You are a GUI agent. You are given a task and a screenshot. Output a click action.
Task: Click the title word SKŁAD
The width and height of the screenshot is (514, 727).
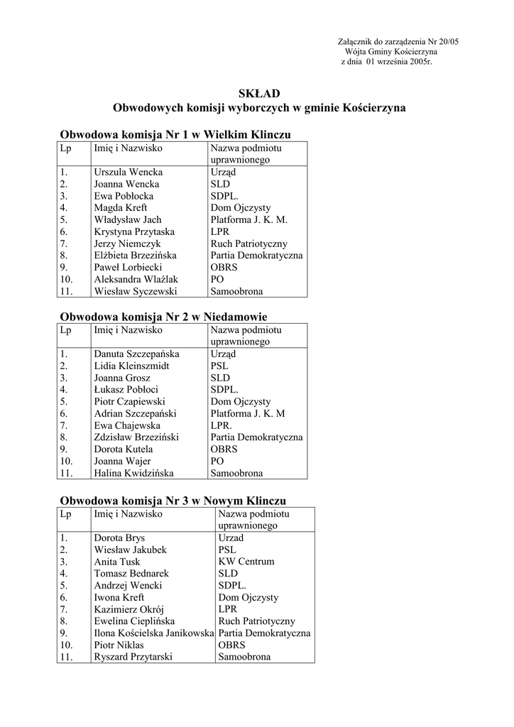(x=259, y=94)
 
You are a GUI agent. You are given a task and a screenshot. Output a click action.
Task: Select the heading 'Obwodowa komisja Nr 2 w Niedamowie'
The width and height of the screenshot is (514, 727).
(x=163, y=317)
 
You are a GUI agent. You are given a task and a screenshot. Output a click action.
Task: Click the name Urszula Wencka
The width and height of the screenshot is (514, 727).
(x=128, y=173)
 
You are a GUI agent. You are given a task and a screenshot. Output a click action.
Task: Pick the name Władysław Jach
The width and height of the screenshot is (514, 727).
(x=128, y=220)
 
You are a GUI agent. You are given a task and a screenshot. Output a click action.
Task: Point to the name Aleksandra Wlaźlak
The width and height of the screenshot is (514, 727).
(x=136, y=280)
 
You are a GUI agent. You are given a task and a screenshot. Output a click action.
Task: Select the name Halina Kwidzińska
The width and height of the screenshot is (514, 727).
(x=133, y=474)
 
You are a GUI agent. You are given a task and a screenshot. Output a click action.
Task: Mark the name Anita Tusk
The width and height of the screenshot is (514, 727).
(x=116, y=562)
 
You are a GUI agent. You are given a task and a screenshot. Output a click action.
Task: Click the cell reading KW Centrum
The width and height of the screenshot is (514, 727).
(x=246, y=562)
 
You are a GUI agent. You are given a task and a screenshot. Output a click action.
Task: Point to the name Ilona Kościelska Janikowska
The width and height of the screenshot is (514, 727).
(x=153, y=633)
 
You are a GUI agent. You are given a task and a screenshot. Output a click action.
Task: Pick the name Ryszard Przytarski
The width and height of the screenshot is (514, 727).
(x=133, y=657)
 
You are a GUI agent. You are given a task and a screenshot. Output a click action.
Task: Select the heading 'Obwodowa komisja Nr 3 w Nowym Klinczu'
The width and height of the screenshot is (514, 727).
(x=173, y=501)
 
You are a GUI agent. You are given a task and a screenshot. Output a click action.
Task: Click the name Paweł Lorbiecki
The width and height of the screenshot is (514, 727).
(x=128, y=268)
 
